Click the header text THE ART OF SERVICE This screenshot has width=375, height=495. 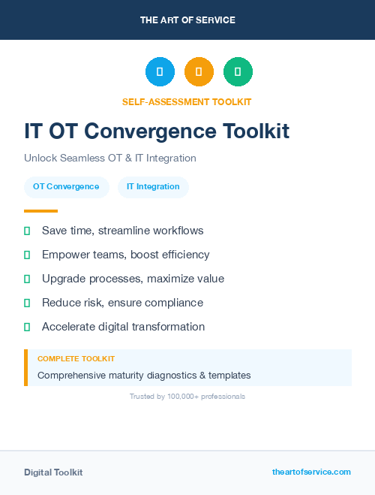(187, 20)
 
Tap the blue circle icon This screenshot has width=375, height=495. (160, 72)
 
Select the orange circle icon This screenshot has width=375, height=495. (199, 72)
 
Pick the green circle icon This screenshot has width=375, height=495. (238, 72)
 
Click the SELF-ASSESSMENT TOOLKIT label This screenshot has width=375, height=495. (187, 101)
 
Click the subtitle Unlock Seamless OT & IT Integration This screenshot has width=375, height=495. (109, 158)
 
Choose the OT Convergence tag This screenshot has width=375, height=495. (66, 187)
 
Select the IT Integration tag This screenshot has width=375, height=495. (153, 187)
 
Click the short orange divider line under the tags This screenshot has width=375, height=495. (40, 211)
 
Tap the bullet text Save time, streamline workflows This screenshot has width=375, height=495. (122, 231)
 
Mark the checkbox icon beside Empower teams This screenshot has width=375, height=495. (27, 255)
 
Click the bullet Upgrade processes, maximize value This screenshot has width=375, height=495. (133, 279)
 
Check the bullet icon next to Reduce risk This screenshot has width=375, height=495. (27, 303)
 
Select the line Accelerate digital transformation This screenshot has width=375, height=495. (123, 327)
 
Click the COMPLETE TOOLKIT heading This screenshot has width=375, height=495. (76, 359)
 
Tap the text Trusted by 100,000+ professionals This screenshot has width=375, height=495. (187, 396)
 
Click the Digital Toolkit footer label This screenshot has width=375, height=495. (53, 472)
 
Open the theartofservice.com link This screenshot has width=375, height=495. (311, 472)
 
